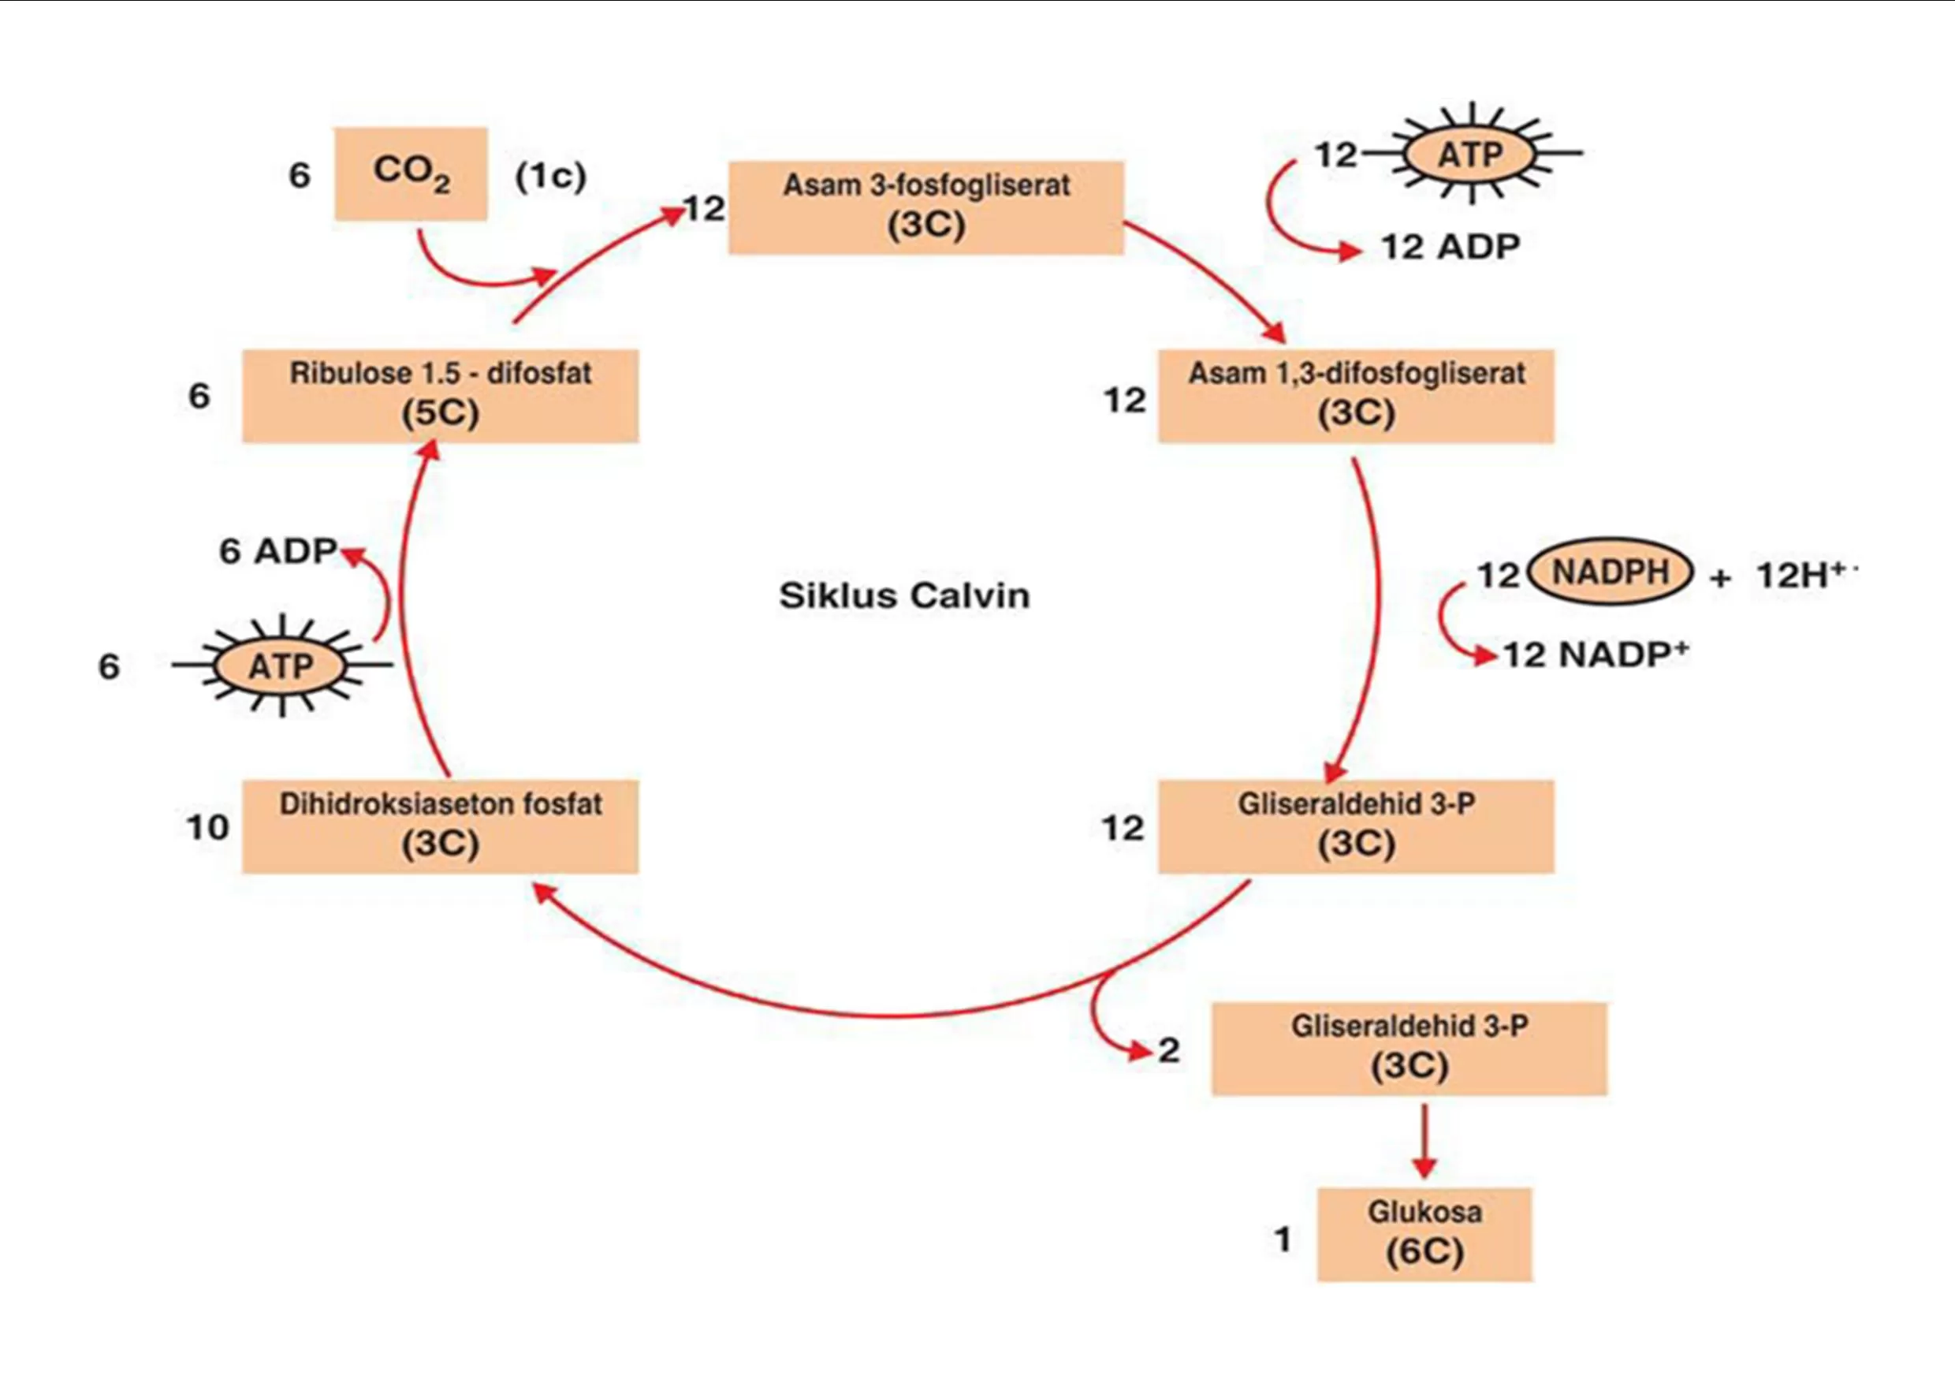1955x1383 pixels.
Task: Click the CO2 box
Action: point(411,173)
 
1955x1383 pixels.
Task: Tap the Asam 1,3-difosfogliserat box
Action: point(1356,396)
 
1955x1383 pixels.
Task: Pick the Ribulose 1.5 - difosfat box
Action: point(440,396)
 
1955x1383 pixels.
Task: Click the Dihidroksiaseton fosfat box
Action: point(440,826)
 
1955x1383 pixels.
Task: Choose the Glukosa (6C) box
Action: point(1424,1234)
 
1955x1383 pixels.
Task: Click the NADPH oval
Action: point(1611,572)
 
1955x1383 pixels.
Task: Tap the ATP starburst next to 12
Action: point(1470,154)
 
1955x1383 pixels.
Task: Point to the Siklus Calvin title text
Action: point(904,595)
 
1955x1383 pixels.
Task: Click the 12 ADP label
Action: point(1450,247)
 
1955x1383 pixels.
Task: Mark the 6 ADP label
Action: point(278,551)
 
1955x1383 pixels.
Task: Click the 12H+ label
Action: point(1804,575)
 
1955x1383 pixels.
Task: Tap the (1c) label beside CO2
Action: point(551,177)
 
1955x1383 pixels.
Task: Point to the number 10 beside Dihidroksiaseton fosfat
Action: point(208,827)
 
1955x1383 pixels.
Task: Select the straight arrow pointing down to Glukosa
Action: point(1424,1141)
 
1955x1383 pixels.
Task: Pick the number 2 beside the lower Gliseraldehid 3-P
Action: point(1169,1050)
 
